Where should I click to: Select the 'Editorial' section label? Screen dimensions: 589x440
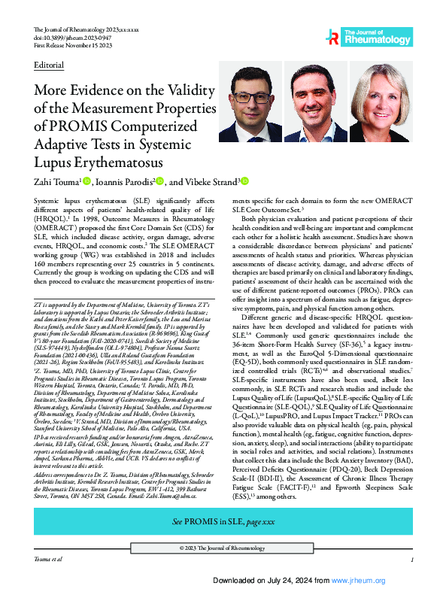(48, 65)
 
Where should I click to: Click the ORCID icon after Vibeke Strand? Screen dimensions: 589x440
(244, 181)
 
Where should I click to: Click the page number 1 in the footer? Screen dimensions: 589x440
(412, 560)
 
